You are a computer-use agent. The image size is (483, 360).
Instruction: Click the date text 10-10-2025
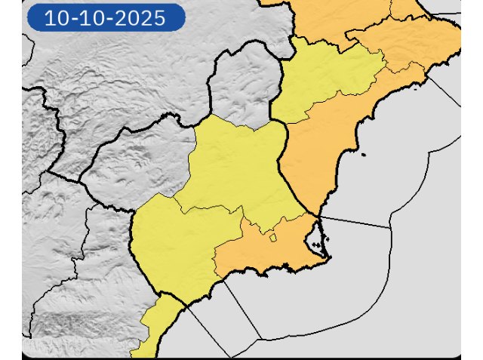(105, 18)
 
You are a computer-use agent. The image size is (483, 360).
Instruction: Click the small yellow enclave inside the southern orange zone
(273, 238)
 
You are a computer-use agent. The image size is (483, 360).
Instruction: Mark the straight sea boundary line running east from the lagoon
(355, 222)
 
